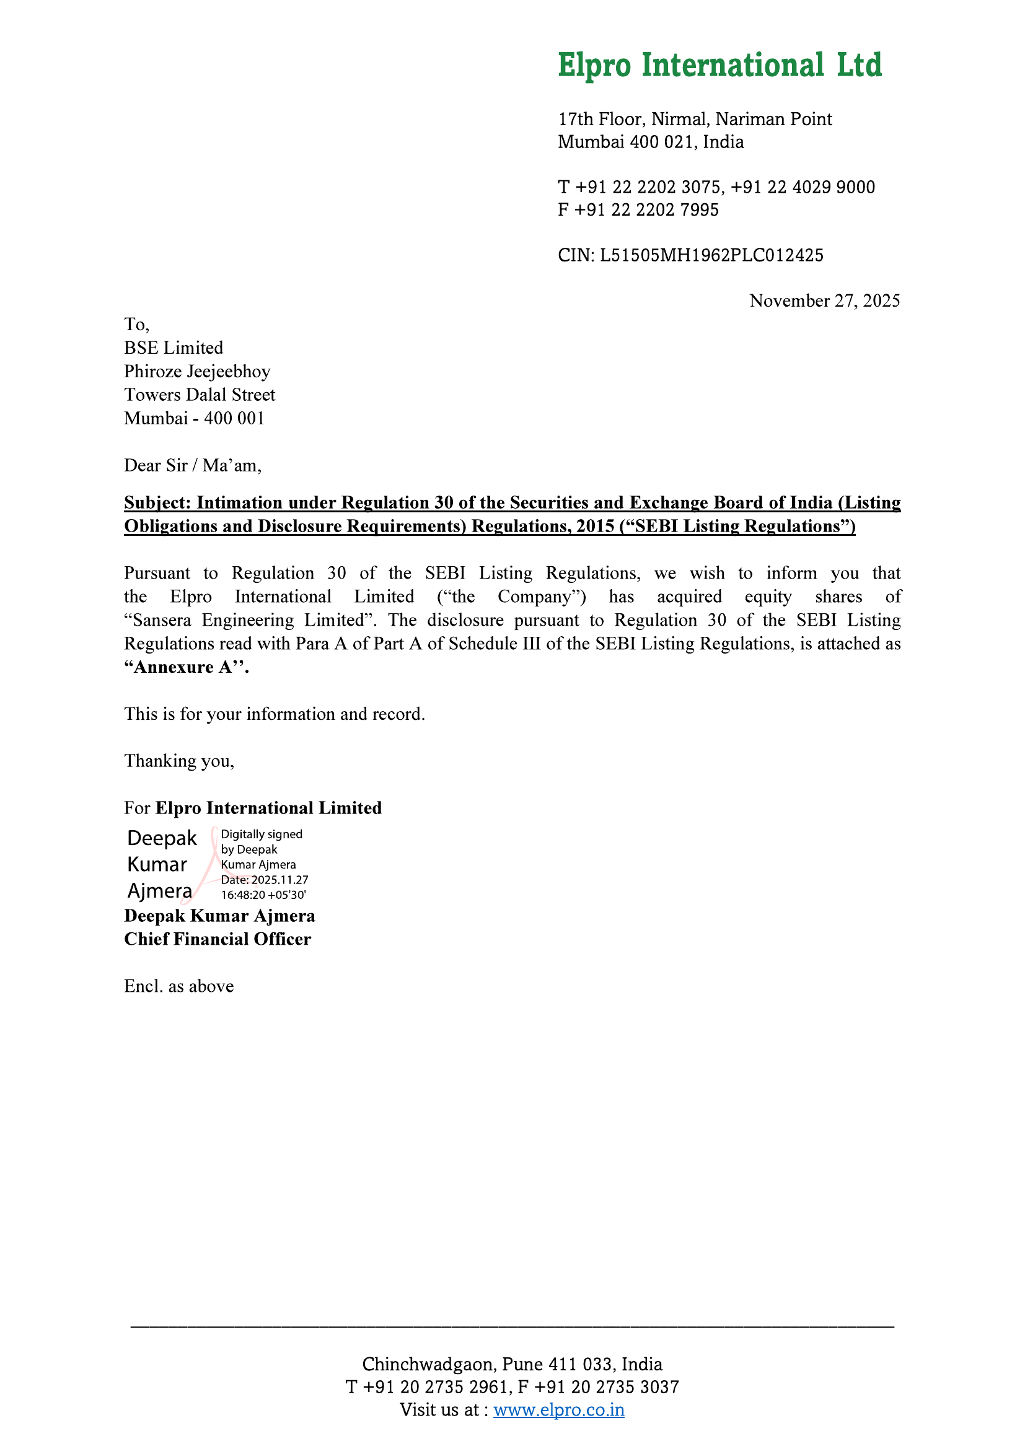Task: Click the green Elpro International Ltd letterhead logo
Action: coord(719,66)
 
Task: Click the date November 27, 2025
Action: coord(824,301)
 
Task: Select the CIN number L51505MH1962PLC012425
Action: coord(711,256)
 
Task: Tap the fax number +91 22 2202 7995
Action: coord(646,210)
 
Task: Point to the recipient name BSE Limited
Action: coord(174,348)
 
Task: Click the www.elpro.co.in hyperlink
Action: coord(558,1410)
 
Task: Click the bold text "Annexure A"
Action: coord(186,667)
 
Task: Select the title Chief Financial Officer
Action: coord(217,939)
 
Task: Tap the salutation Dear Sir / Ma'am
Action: coord(193,466)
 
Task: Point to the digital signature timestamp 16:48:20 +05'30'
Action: coord(263,895)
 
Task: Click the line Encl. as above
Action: coord(178,986)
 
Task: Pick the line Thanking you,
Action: coord(178,761)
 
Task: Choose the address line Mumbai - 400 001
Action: coord(194,418)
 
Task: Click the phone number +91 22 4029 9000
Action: coord(803,188)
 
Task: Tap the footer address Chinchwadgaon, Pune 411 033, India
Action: coord(512,1364)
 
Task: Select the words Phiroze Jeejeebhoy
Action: coord(197,371)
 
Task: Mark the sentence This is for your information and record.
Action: coord(275,714)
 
